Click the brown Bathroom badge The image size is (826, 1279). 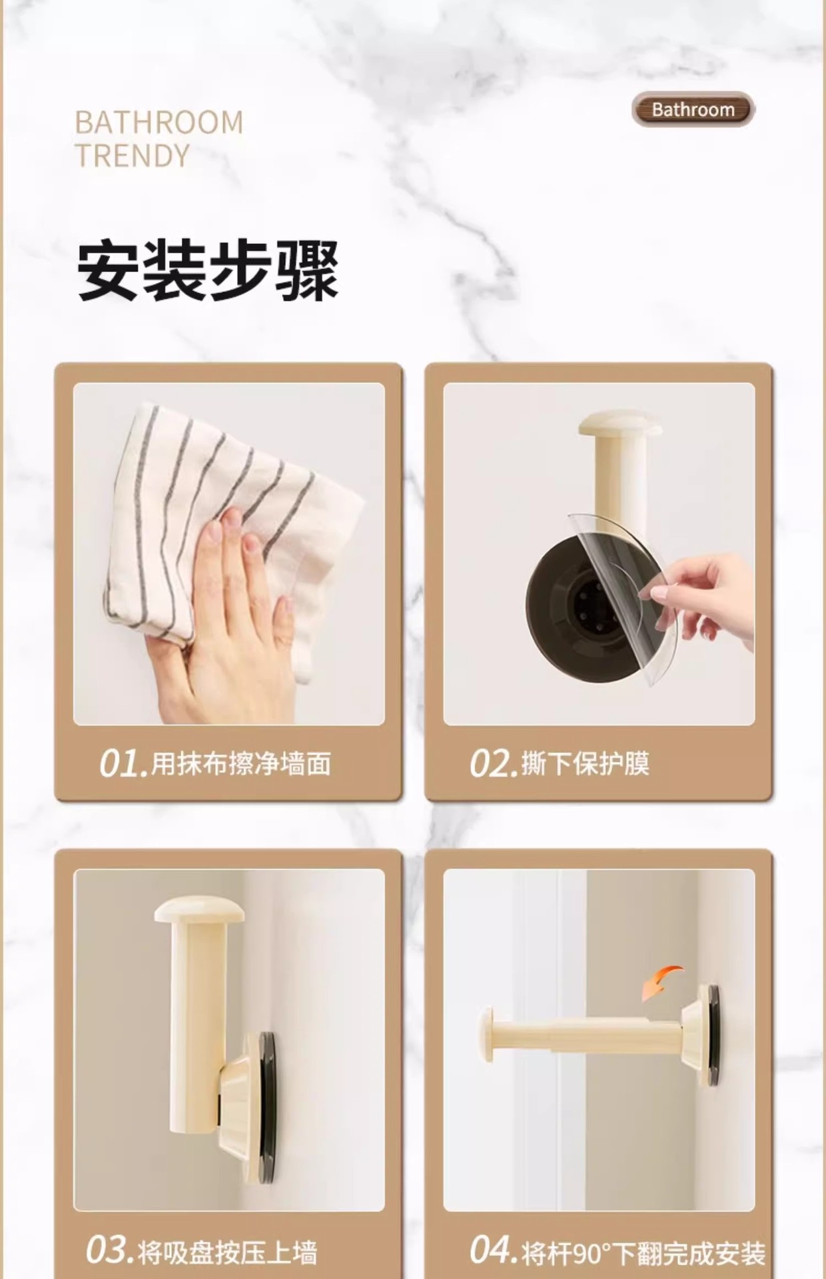tap(693, 110)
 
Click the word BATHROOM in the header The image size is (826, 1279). tap(159, 123)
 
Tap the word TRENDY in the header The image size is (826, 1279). tap(133, 156)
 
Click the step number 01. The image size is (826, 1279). tap(122, 763)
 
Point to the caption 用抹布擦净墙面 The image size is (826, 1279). tap(241, 763)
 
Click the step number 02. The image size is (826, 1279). tap(492, 763)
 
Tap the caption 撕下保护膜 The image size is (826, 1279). tap(585, 763)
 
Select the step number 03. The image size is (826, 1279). tap(109, 1250)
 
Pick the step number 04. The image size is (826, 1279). tap(492, 1250)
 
